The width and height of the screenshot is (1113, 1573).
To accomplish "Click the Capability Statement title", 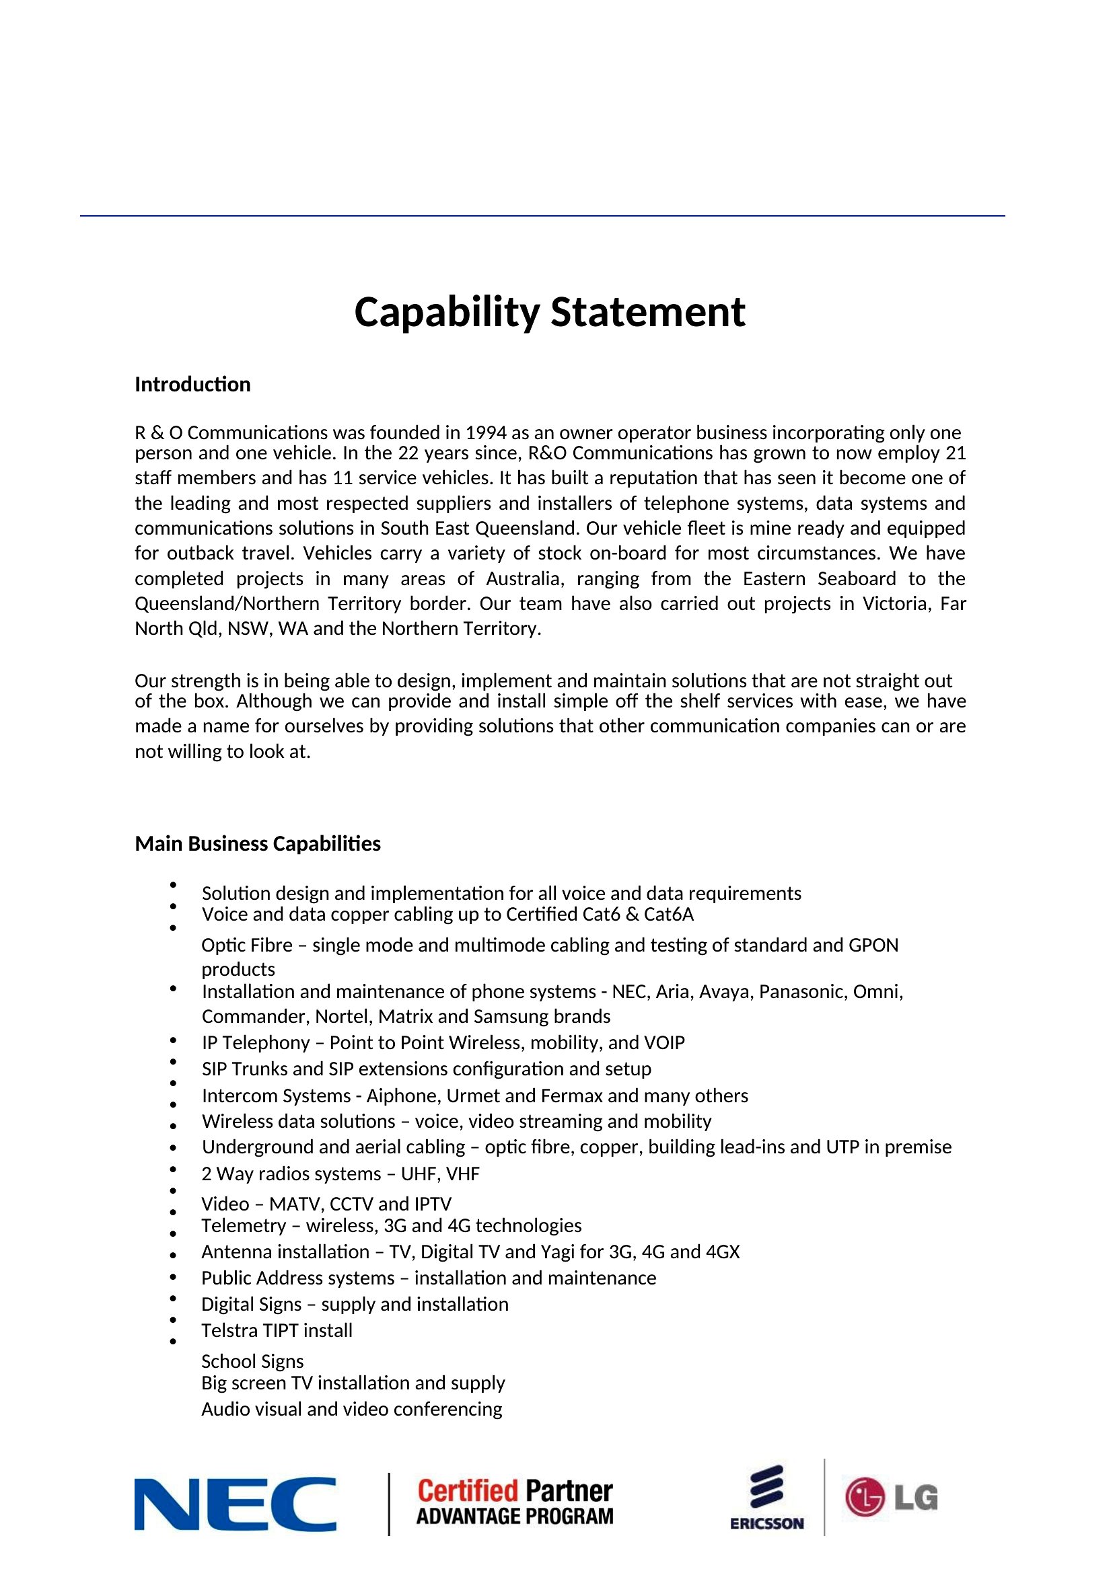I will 549,313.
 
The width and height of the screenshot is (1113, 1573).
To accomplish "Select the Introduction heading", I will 192,385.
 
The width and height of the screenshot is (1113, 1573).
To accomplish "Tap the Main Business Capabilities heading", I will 258,843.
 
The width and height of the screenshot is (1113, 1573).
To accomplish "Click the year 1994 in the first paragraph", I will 485,433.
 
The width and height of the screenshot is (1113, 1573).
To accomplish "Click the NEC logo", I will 235,1504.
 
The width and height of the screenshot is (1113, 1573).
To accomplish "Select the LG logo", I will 891,1497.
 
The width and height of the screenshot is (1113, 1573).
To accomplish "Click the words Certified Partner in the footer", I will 515,1491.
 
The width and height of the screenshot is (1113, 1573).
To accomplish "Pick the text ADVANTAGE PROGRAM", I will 515,1517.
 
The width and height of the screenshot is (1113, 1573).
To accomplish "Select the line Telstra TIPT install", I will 277,1330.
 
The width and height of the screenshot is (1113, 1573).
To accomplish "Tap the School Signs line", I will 252,1360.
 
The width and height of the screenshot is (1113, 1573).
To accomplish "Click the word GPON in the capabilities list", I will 873,946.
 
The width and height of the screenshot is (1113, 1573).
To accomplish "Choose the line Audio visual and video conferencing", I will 351,1409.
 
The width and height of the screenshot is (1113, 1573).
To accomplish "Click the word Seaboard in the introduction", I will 856,579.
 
